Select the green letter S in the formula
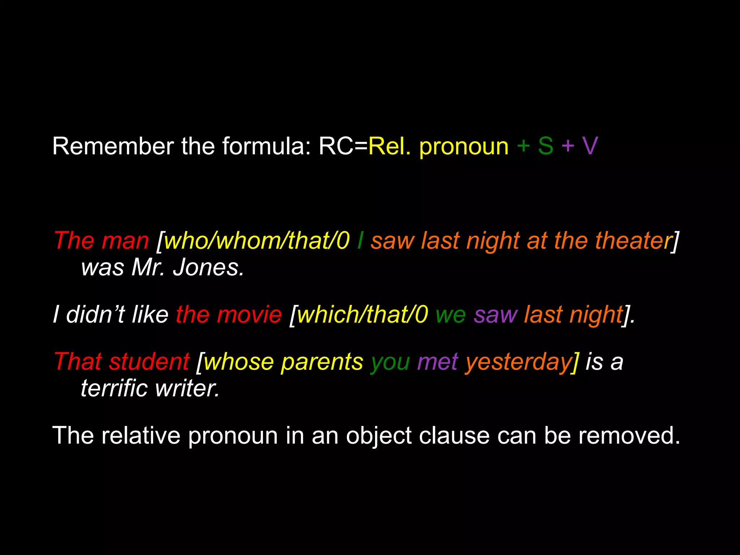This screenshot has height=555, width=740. [546, 146]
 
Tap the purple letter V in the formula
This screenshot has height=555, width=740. [590, 146]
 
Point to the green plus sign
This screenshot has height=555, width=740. [523, 146]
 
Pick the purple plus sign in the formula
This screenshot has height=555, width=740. [568, 146]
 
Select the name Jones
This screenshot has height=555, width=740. [208, 268]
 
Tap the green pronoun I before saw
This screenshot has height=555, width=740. [360, 241]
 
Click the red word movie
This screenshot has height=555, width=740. [249, 314]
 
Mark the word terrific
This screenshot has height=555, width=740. [114, 388]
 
